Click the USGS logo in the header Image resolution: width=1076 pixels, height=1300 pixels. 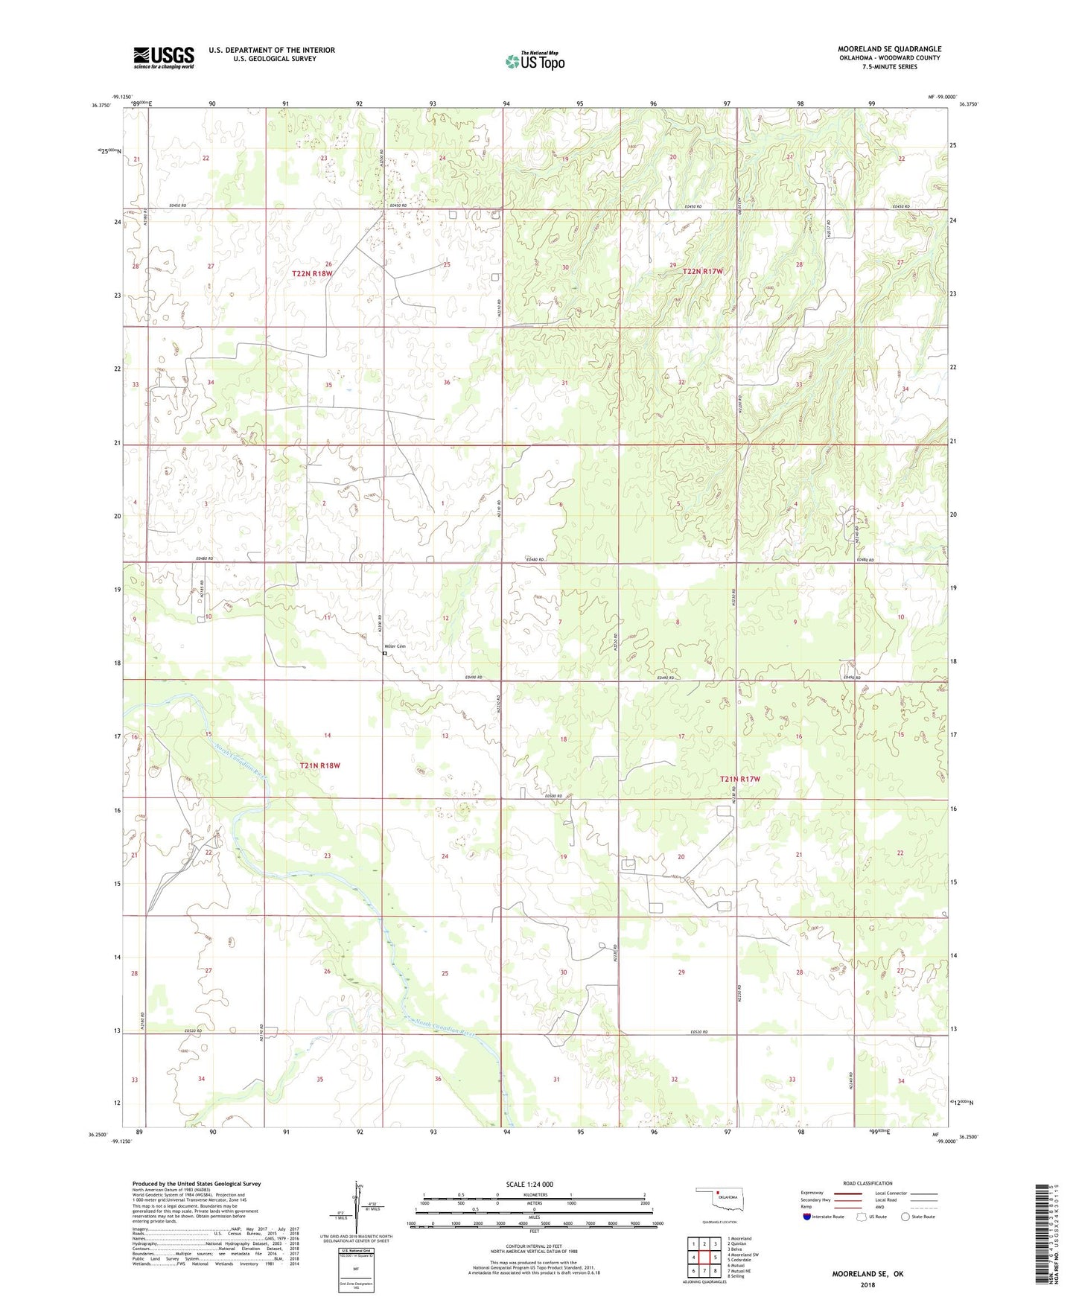(164, 57)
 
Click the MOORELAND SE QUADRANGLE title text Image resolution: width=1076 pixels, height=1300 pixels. (889, 49)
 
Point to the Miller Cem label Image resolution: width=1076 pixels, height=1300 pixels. (395, 646)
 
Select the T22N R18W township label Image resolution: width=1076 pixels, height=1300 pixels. (312, 274)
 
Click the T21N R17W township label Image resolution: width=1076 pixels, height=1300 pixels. (739, 779)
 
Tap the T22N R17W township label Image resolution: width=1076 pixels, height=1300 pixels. (702, 272)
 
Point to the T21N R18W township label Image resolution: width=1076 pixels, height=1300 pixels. (319, 765)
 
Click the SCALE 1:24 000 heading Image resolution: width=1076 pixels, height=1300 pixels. (529, 1185)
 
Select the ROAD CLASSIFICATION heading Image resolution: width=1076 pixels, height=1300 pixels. (868, 1183)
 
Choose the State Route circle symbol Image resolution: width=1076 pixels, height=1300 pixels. (905, 1217)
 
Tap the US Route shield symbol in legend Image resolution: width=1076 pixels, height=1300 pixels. (862, 1217)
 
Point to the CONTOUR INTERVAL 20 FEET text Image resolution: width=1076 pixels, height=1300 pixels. (534, 1246)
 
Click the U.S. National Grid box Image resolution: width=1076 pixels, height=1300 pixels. (356, 1269)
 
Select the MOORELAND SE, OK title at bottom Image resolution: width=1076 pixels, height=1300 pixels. (867, 1274)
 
